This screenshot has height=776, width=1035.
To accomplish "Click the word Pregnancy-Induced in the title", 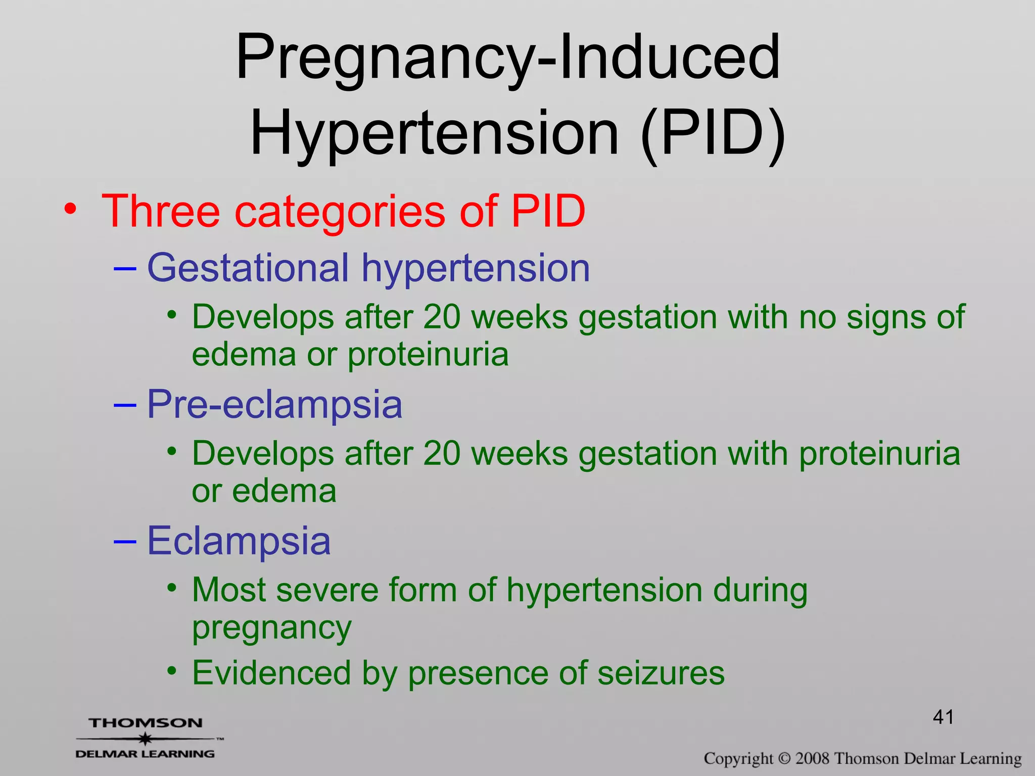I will pyautogui.click(x=508, y=57).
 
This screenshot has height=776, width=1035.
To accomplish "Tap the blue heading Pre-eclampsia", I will pyautogui.click(x=274, y=404).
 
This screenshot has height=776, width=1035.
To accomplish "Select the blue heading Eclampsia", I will pyautogui.click(x=239, y=541).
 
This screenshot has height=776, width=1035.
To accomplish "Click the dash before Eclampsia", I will pyautogui.click(x=125, y=541).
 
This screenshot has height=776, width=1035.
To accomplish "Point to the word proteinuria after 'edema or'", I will pyautogui.click(x=428, y=355).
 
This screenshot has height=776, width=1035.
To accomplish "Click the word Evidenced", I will pyautogui.click(x=271, y=673).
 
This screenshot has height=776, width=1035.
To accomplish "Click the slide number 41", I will pyautogui.click(x=943, y=717).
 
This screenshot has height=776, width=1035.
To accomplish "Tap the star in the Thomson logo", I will pyautogui.click(x=146, y=739).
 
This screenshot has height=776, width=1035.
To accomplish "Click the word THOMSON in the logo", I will pyautogui.click(x=146, y=723).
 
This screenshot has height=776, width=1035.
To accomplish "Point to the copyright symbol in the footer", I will pyautogui.click(x=784, y=758).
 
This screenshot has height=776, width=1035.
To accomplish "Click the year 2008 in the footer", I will pyautogui.click(x=812, y=758).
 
